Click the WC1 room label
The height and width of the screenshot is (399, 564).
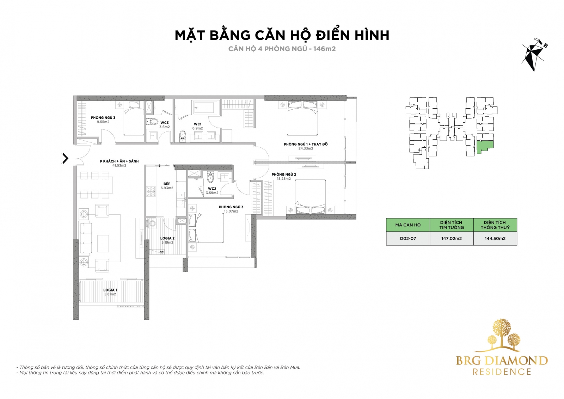[x=198, y=124]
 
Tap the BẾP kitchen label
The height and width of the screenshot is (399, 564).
[x=167, y=184]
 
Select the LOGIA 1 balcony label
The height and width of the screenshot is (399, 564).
[x=110, y=290]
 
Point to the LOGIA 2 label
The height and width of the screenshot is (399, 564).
[x=167, y=238]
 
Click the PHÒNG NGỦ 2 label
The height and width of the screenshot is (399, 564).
[x=284, y=174]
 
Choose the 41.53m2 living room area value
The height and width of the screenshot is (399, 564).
[x=119, y=165]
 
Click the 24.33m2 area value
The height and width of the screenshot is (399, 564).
[x=306, y=148]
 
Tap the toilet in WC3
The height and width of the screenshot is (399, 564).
[x=152, y=122]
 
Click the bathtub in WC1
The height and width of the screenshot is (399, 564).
[x=206, y=108]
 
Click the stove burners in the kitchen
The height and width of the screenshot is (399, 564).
[x=151, y=191]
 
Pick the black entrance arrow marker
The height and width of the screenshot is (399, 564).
[x=65, y=159]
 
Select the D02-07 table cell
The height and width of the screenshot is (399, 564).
[x=408, y=238]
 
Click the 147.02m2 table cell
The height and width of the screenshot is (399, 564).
[x=452, y=238]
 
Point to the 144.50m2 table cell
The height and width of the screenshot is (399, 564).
[x=495, y=238]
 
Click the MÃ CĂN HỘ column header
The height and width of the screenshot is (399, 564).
[x=408, y=225]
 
